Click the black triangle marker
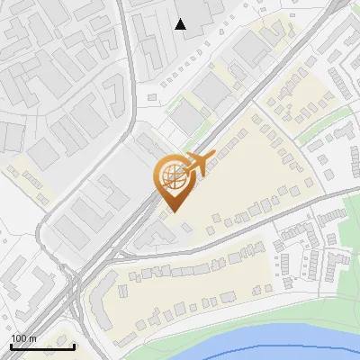tap(181, 24)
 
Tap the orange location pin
tap(173, 180)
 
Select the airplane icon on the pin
tap(195, 165)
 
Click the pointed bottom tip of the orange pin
tap(173, 211)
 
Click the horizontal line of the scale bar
tap(42, 346)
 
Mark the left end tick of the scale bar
tap(12, 345)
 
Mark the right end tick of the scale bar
tap(74, 345)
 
